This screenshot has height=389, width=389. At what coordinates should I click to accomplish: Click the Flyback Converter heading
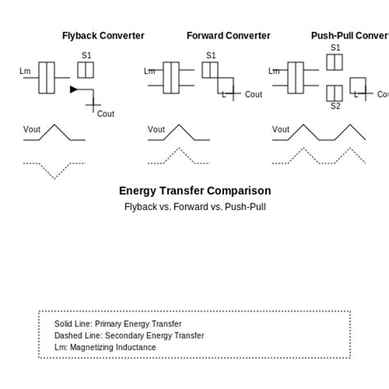pos(103,36)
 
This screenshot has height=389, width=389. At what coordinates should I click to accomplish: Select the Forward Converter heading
pos(228,36)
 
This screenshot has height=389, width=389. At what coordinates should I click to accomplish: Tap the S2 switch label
pos(335,106)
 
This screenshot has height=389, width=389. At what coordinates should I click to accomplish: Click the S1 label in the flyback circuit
pos(86,56)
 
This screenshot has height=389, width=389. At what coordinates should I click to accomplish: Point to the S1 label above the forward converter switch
pos(211,56)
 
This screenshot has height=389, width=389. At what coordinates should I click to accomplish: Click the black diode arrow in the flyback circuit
pos(74,89)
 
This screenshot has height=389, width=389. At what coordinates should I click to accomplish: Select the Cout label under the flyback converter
pos(106,114)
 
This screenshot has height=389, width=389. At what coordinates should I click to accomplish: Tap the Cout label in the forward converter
pos(253,94)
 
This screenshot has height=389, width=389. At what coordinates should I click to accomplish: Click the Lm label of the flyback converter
pos(25,71)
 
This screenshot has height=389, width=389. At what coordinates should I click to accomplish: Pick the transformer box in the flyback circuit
pos(47,78)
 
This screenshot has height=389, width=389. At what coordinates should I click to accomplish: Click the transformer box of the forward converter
pos(171,78)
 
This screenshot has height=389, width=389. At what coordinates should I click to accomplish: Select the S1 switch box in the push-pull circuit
pos(334,62)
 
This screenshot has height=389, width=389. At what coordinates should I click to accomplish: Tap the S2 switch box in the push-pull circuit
pos(334,93)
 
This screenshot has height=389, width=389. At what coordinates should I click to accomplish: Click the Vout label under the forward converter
pos(156,130)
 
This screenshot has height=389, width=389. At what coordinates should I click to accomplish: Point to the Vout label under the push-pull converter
pos(281,130)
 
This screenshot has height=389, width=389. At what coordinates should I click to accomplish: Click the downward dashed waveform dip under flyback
pos(55,175)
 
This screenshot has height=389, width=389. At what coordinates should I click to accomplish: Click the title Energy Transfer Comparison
pos(194,191)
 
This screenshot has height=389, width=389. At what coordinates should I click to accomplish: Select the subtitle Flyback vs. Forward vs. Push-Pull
pos(194,207)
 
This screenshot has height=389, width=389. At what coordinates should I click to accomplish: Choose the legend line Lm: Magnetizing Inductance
pos(105,347)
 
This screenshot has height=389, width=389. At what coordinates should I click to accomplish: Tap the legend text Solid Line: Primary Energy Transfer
pos(118,324)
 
